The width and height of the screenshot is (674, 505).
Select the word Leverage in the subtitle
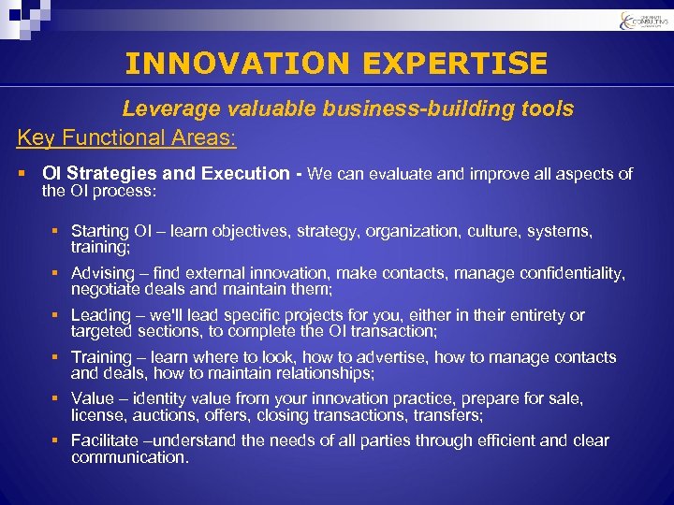pyautogui.click(x=167, y=109)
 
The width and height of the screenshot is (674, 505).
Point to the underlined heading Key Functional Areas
pyautogui.click(x=126, y=138)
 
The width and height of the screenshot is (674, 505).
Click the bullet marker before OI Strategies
pyautogui.click(x=22, y=173)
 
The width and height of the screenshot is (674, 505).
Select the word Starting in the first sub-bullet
pyautogui.click(x=99, y=230)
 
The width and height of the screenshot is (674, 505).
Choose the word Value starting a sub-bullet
pyautogui.click(x=92, y=398)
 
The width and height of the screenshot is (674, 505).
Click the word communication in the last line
pyautogui.click(x=129, y=457)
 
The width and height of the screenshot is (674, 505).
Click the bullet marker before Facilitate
pyautogui.click(x=57, y=440)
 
